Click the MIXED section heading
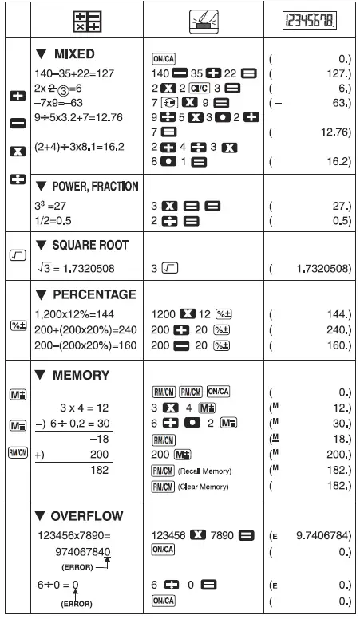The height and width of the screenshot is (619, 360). [x=72, y=54]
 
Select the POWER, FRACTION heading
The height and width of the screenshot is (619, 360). [x=88, y=187]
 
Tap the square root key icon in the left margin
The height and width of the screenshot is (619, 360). [x=16, y=254]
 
